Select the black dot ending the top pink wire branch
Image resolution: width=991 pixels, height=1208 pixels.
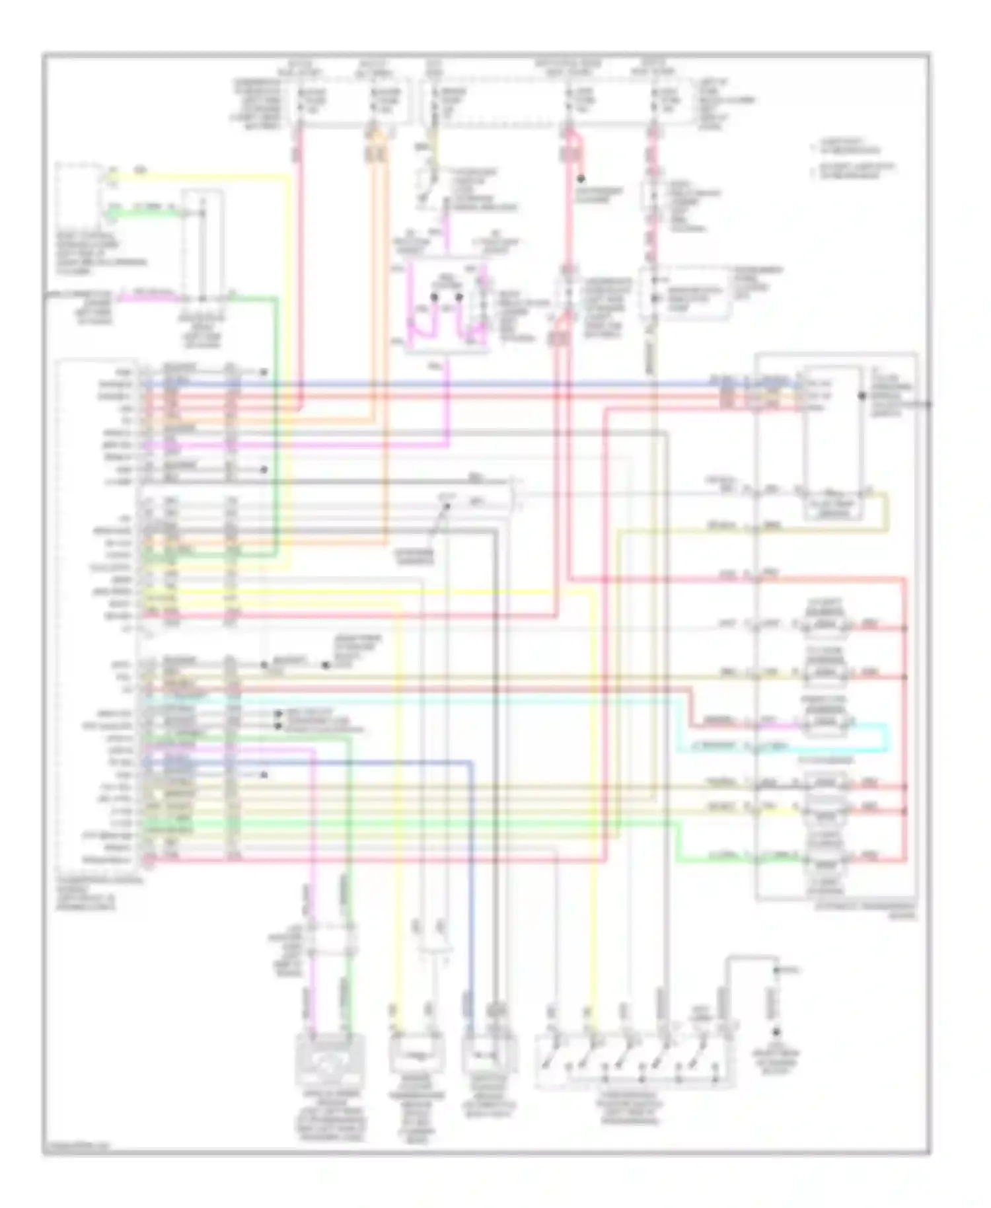tap(581, 178)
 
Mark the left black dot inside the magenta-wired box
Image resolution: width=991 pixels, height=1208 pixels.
tap(434, 297)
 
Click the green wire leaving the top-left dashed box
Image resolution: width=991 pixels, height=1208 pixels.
tap(142, 214)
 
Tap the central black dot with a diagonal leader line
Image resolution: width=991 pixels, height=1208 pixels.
tap(446, 507)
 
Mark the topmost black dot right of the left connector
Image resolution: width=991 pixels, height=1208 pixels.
tap(263, 372)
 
